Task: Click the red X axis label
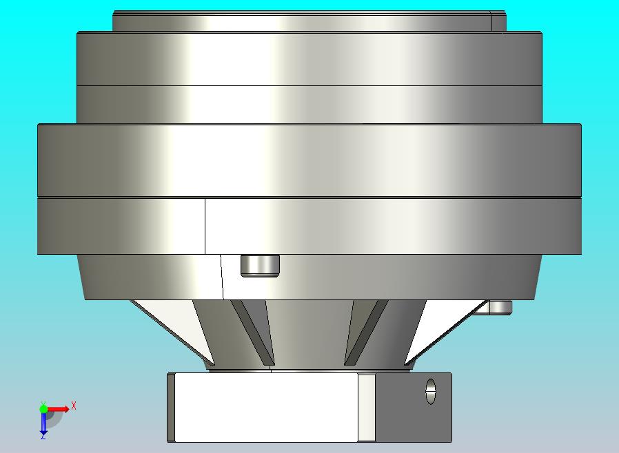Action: pos(74,405)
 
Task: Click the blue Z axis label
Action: pos(43,436)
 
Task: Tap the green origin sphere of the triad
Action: pos(43,408)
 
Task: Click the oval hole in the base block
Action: pos(431,392)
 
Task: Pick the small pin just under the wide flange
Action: pos(260,265)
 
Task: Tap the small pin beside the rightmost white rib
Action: pos(500,307)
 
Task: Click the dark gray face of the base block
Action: pos(414,408)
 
